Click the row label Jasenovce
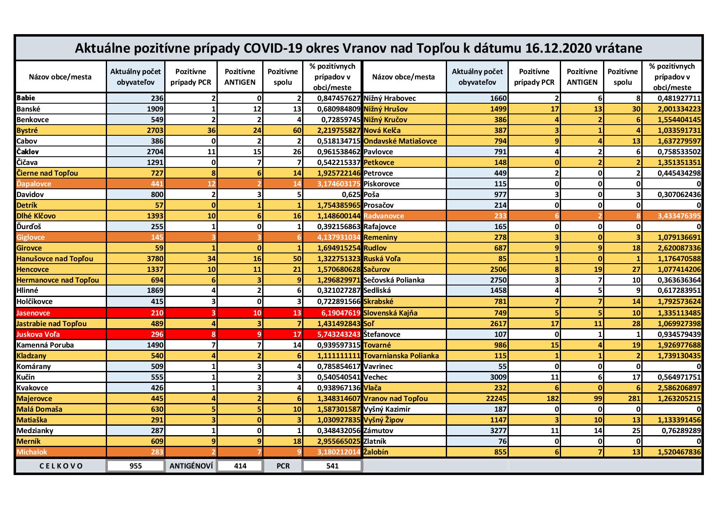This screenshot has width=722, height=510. pos(31,313)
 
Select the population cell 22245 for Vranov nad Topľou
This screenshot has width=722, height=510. pos(496,399)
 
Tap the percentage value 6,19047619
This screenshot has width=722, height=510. pos(339,313)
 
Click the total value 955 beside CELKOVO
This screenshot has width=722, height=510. pos(135,466)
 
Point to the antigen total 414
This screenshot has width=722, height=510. pos(240,466)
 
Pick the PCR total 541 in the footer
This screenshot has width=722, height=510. pos(332,466)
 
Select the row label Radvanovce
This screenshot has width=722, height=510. pos(384,216)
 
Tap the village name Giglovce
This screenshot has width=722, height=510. pos(31,237)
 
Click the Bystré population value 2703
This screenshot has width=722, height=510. pos(155,130)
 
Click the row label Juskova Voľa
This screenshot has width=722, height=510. pos(35,334)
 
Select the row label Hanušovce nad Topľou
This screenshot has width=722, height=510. pos(55,259)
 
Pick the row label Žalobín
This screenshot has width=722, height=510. pos(376,452)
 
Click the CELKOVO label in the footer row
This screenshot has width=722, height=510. pos(61,466)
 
